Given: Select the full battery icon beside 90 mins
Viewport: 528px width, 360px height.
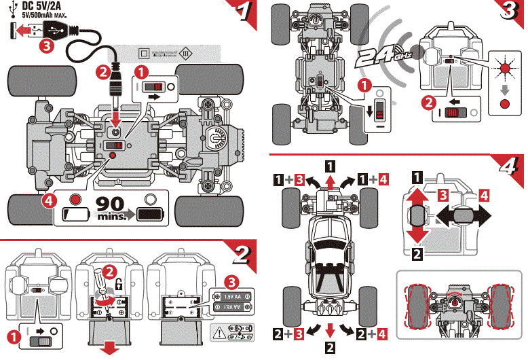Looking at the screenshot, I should pos(150,214).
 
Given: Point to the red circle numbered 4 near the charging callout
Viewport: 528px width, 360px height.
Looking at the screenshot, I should pos(48,200).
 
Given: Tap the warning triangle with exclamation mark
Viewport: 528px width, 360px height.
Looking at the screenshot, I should pos(220,333).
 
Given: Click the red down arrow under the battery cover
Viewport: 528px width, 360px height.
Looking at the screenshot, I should pos(107,349).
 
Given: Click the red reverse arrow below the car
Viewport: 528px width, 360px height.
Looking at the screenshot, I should pos(329,331).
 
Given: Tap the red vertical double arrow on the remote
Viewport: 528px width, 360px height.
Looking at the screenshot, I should pos(417,217).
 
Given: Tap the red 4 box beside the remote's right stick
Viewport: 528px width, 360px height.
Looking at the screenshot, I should pos(483,195).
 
